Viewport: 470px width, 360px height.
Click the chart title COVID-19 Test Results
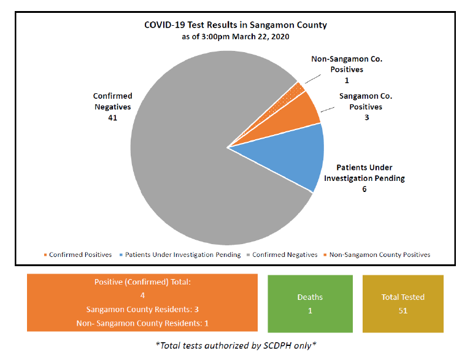pos(236,25)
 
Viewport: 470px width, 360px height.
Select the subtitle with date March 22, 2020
pos(236,37)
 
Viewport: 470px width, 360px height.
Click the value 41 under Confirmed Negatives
pos(112,117)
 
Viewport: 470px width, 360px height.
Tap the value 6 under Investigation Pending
pos(364,190)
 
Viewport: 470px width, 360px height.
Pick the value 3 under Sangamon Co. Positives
pos(366,117)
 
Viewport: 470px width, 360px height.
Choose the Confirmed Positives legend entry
pos(78,255)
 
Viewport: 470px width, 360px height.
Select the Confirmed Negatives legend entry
pos(282,255)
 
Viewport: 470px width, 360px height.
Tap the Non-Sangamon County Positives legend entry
pos(377,255)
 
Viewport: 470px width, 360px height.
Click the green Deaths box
pos(310,304)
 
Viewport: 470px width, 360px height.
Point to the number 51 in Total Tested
pos(403,310)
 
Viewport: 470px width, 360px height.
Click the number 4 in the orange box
pos(142,295)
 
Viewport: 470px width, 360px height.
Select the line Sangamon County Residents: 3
pos(142,308)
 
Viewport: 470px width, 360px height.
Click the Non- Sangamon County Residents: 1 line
pos(142,323)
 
